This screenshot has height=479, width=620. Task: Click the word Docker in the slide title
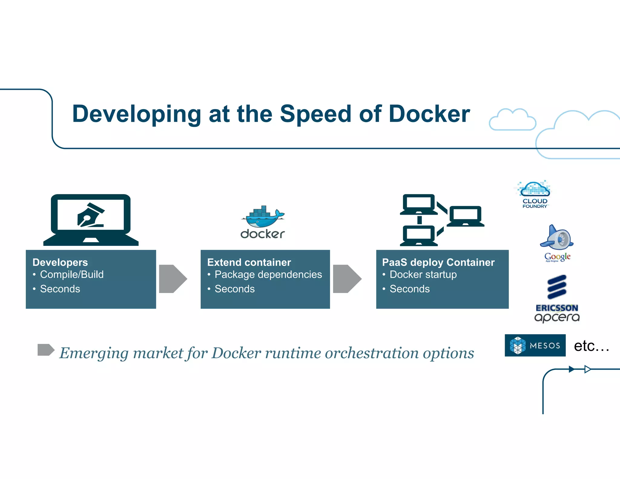coord(429,114)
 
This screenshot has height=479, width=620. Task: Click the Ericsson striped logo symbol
coord(557,287)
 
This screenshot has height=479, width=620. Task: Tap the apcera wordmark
coord(557,317)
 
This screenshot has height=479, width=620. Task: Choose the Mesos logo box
coord(535,345)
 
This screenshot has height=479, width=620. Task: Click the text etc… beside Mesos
coord(591,346)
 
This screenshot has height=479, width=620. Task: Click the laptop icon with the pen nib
coord(91,220)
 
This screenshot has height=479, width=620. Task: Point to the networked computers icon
coord(442,220)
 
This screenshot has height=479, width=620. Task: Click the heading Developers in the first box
coord(60,262)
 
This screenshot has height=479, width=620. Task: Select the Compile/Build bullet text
coord(72,274)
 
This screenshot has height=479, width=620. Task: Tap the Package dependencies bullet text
coord(268,274)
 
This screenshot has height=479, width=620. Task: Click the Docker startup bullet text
coord(423,274)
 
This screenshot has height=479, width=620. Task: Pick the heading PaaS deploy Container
coord(438,262)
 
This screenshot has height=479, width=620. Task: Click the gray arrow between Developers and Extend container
coord(173,279)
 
